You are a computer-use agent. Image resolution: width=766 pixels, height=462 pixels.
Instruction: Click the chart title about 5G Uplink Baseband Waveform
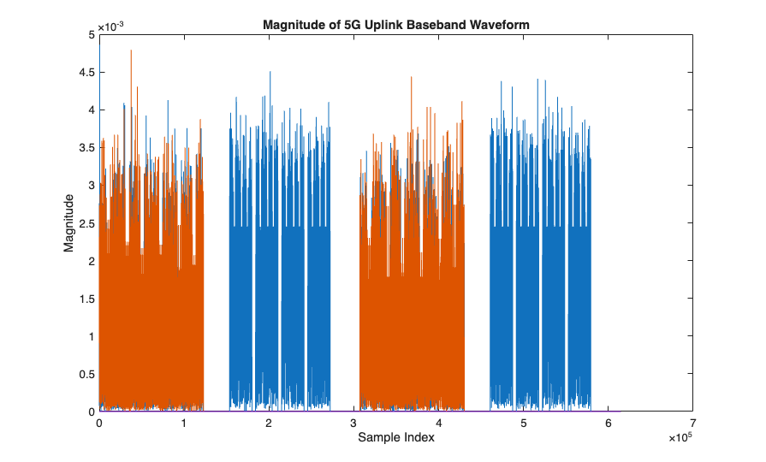[395, 24]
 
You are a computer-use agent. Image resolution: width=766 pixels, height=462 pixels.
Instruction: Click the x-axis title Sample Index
[395, 438]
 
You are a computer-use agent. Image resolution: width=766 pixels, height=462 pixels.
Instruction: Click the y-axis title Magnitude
[68, 222]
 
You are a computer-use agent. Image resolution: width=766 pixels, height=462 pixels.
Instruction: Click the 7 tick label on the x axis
[692, 423]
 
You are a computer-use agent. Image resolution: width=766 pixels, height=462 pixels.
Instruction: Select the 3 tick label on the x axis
[353, 423]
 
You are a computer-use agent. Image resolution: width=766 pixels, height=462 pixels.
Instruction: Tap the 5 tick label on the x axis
[523, 423]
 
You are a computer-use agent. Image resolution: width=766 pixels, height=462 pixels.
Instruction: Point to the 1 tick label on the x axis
[184, 423]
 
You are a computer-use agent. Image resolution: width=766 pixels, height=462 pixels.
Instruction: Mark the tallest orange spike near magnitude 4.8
[131, 51]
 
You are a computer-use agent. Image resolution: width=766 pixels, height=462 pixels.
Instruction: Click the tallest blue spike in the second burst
[270, 74]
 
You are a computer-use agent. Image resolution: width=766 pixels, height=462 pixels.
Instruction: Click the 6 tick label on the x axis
[608, 423]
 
